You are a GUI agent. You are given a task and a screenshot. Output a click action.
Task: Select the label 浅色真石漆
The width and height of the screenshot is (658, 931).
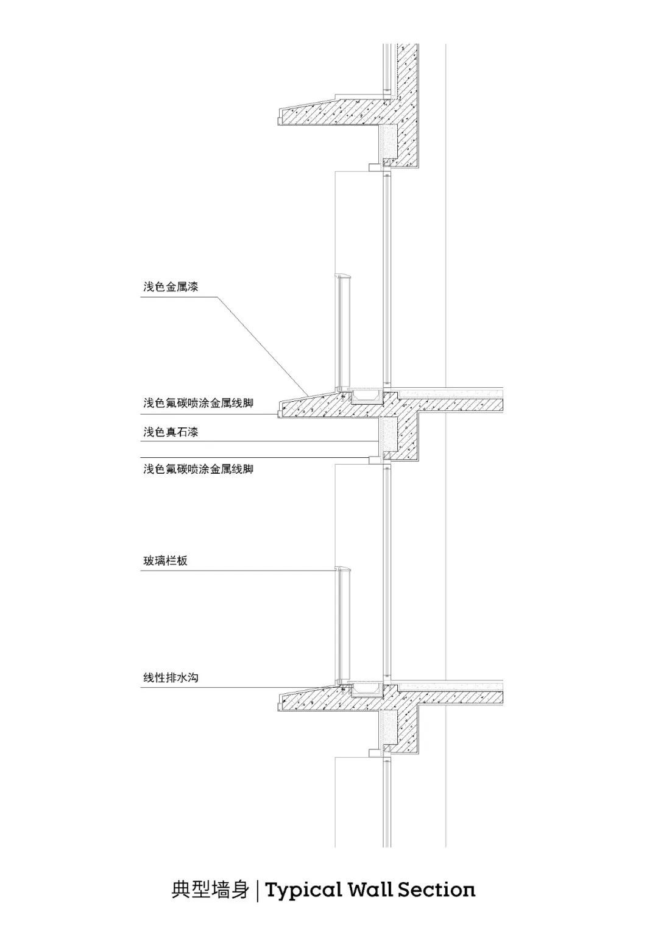171,433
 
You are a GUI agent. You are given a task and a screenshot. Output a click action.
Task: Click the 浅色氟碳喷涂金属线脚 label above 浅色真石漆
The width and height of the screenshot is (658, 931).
198,404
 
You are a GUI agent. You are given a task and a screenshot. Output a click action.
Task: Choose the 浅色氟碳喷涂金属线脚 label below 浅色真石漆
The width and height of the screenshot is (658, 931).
198,469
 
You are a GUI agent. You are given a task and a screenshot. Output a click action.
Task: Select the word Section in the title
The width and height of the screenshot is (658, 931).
436,891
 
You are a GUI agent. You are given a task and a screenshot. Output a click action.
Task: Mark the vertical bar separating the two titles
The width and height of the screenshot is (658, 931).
258,891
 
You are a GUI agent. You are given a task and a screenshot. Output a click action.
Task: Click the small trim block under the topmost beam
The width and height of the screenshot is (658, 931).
374,166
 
